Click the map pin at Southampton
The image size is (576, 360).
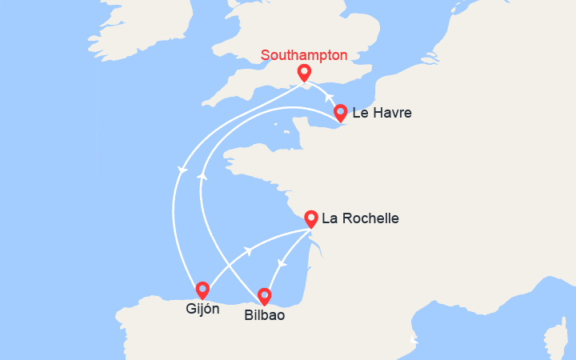pos(304,73)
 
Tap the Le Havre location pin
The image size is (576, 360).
pos(341,112)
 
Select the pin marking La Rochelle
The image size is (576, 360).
pos(311,217)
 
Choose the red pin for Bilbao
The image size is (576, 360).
pos(265,296)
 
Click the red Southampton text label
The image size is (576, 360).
pos(305,55)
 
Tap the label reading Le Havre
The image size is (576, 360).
pos(382,114)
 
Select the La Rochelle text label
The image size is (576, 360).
pos(360,218)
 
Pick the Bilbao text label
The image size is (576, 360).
pos(264,316)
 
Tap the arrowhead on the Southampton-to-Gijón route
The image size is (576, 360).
pos(182,170)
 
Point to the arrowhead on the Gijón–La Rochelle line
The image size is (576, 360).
pos(249,250)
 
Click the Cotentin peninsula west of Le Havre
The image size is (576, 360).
pos(300,128)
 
